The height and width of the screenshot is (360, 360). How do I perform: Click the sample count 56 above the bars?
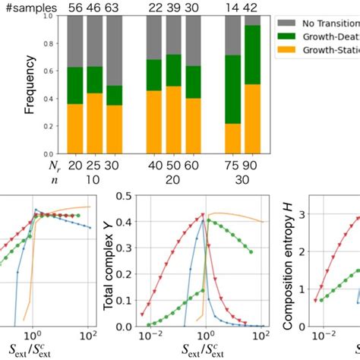click(x=75, y=7)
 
